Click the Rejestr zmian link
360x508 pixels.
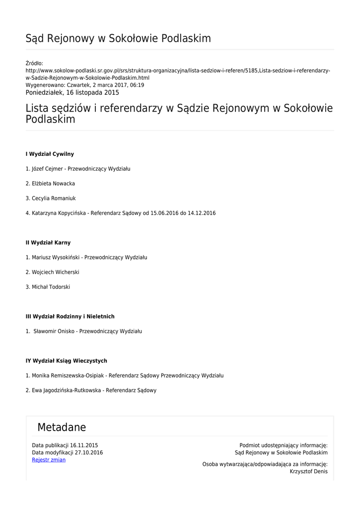[49, 460]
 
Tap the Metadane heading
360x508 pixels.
[62, 428]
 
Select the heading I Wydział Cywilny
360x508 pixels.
[50, 154]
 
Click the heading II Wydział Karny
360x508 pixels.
[48, 243]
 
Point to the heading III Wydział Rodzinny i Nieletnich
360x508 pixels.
[70, 317]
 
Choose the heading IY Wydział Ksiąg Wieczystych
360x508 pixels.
[67, 361]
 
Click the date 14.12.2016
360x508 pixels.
[202, 213]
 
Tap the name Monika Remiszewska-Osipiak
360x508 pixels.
[68, 376]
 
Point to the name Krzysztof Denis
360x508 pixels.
[308, 472]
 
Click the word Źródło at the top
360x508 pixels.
[34, 63]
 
